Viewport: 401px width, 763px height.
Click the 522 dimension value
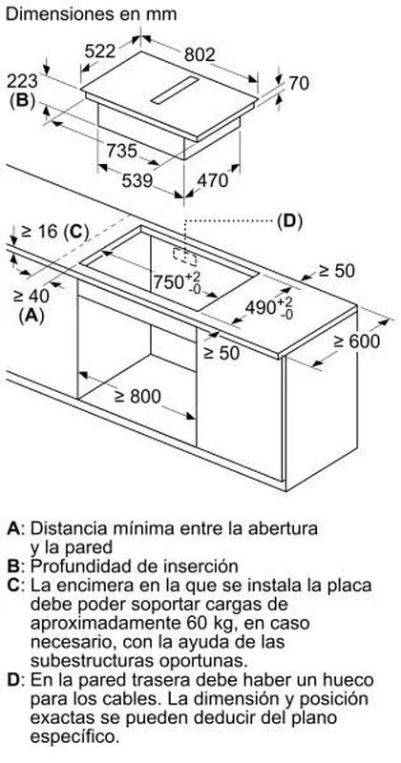pos(100,52)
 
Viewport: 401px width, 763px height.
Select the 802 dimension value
pos(200,55)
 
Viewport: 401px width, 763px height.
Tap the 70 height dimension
pos(299,83)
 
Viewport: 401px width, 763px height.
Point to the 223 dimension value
pos(22,81)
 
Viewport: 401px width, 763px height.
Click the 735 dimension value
pos(122,151)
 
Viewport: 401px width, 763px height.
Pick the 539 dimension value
pos(137,181)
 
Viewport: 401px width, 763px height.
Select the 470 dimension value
pos(213,180)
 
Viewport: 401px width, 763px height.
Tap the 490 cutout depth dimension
pos(269,307)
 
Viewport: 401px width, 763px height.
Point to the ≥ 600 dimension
pos(356,341)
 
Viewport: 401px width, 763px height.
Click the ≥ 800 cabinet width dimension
pos(137,397)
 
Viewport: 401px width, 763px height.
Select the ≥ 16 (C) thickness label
pos(55,232)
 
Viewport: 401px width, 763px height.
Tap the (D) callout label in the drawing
pos(290,221)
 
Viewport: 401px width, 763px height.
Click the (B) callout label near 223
pos(22,100)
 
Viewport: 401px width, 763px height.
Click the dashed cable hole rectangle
pos(184,256)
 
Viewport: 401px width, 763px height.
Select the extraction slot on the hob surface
pos(175,90)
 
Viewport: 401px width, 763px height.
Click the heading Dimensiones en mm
pos(92,13)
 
